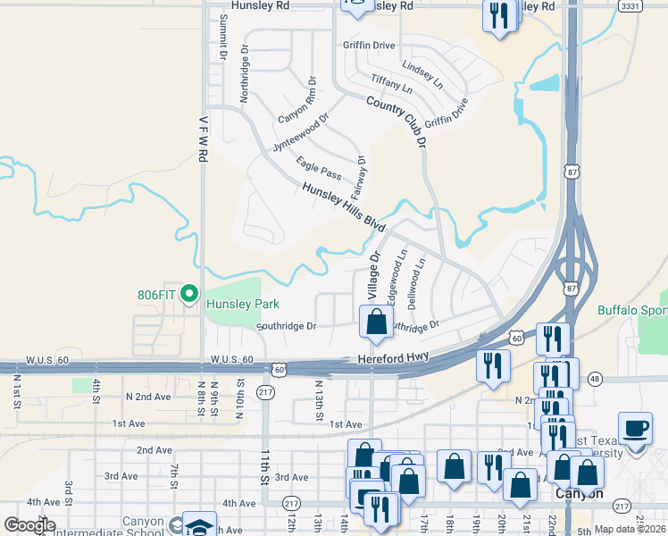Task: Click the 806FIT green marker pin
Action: pyautogui.click(x=188, y=293)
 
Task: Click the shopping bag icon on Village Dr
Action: pyautogui.click(x=377, y=322)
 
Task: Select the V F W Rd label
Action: pyautogui.click(x=204, y=144)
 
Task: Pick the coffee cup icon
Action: pyautogui.click(x=636, y=427)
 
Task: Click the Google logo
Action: pyautogui.click(x=29, y=525)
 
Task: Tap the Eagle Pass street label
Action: pyautogui.click(x=319, y=171)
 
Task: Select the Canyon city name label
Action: pyautogui.click(x=579, y=493)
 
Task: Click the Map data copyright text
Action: pyautogui.click(x=630, y=529)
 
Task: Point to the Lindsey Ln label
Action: pyautogui.click(x=422, y=74)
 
